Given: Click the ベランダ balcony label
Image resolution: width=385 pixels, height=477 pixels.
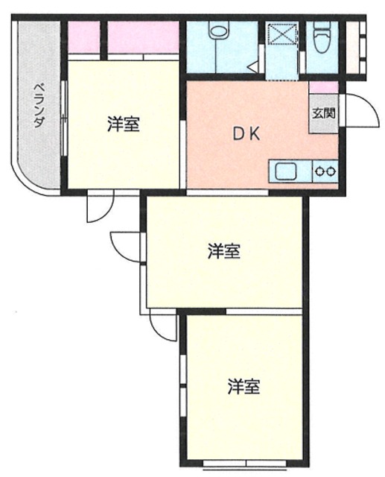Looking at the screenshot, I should pyautogui.click(x=36, y=109).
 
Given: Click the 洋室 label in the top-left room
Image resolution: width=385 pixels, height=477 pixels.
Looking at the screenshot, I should pyautogui.click(x=122, y=124).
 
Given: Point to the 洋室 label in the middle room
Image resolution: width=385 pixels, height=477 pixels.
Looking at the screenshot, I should pyautogui.click(x=223, y=251).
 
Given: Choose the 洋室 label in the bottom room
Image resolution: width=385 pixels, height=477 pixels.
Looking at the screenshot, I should pyautogui.click(x=244, y=387).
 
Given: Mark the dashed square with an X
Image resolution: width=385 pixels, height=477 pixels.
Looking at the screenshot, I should pyautogui.click(x=282, y=36).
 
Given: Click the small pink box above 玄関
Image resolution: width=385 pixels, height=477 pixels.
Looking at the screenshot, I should pyautogui.click(x=323, y=87).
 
